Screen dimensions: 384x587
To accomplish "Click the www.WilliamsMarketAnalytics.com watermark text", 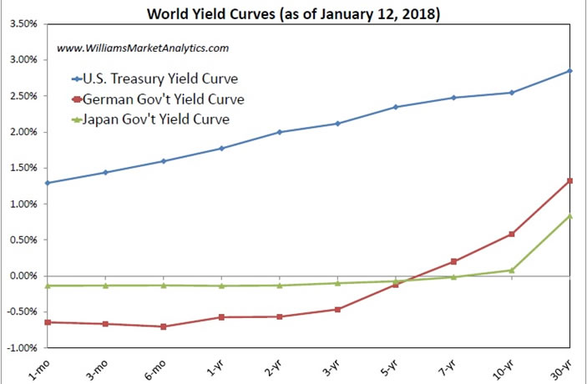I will pos(143,49).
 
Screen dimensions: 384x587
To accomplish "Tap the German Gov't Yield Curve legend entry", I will pos(164,99).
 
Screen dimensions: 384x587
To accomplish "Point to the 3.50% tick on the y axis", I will pos(23,24).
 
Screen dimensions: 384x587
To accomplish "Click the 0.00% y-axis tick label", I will pos(23,276).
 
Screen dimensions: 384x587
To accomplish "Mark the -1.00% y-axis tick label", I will pos(21,348).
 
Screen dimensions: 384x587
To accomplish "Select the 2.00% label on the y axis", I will pos(23,132).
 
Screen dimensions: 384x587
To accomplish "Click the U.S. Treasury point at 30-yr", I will pos(570,71).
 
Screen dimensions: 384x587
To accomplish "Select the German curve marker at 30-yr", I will pos(570,181).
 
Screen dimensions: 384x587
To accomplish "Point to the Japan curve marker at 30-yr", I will pos(570,216).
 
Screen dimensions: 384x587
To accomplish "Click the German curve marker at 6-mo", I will pos(164,326).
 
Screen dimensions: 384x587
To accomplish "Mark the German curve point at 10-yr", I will pos(512,235).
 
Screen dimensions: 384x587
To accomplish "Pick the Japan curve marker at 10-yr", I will pos(512,270).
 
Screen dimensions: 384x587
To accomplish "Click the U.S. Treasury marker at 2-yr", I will pos(280,132).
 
